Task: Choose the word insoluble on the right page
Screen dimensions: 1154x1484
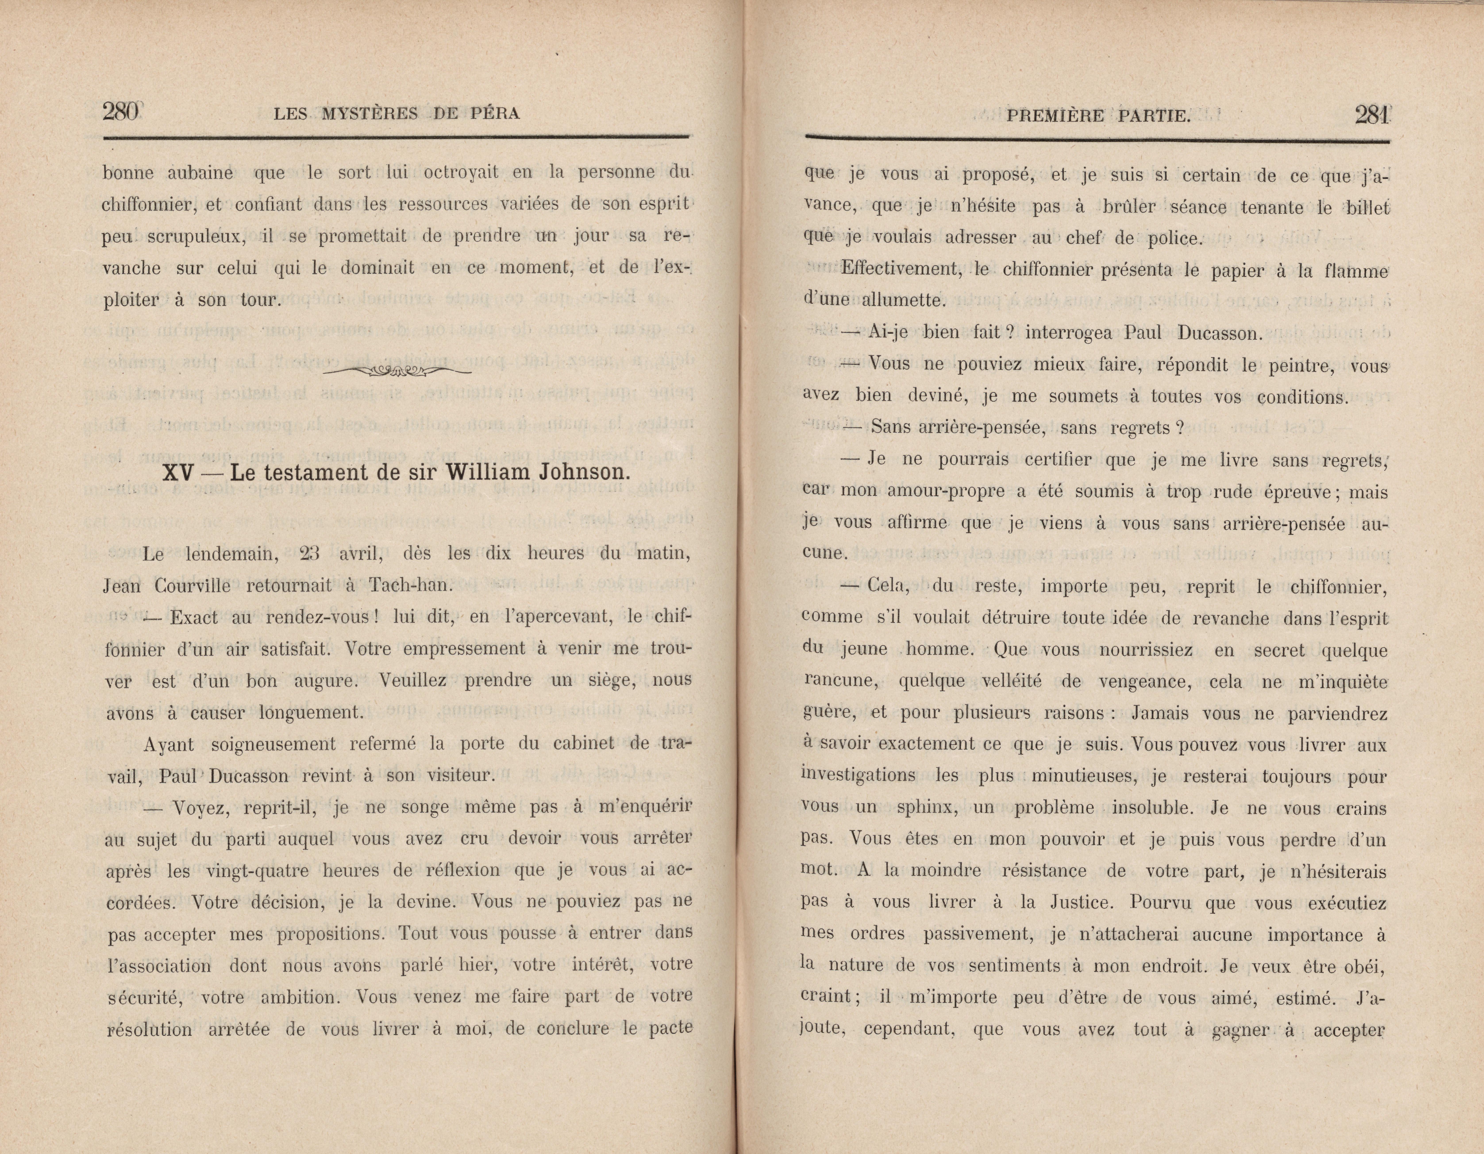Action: (1155, 808)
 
